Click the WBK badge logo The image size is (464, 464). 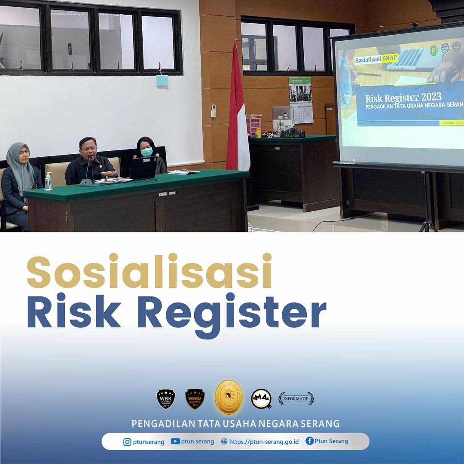click(166, 399)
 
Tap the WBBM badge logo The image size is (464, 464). click(195, 399)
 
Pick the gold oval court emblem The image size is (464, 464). click(229, 397)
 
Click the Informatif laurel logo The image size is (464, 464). click(296, 399)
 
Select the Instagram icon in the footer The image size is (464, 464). click(127, 442)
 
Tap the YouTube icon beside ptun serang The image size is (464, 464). click(175, 441)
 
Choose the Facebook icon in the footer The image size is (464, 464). click(309, 441)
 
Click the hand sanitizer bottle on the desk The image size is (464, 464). click(48, 182)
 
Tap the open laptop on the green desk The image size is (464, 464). click(143, 168)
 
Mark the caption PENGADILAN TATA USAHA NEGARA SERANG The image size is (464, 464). click(235, 424)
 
